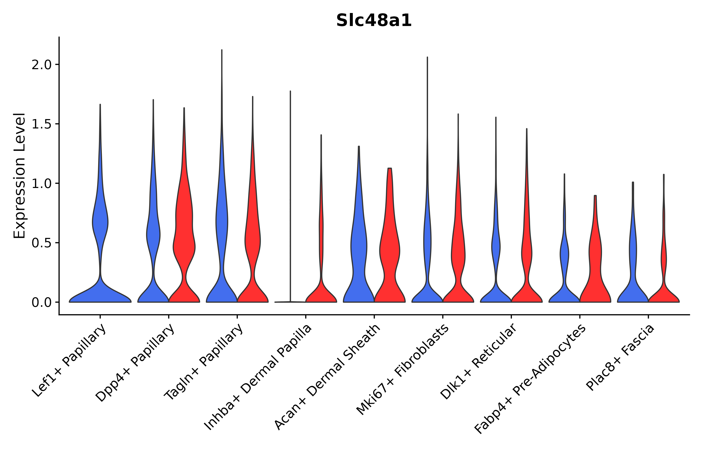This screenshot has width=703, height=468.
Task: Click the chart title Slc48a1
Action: pos(374,21)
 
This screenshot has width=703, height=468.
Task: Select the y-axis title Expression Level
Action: pos(20,175)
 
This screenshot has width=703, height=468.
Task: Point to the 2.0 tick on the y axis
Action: pos(42,65)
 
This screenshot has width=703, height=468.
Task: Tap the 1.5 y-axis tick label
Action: pos(42,124)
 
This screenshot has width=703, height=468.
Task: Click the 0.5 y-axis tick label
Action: pos(42,243)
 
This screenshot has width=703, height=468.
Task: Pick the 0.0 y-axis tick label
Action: pos(42,302)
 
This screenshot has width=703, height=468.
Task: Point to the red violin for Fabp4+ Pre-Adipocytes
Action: pos(595,269)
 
